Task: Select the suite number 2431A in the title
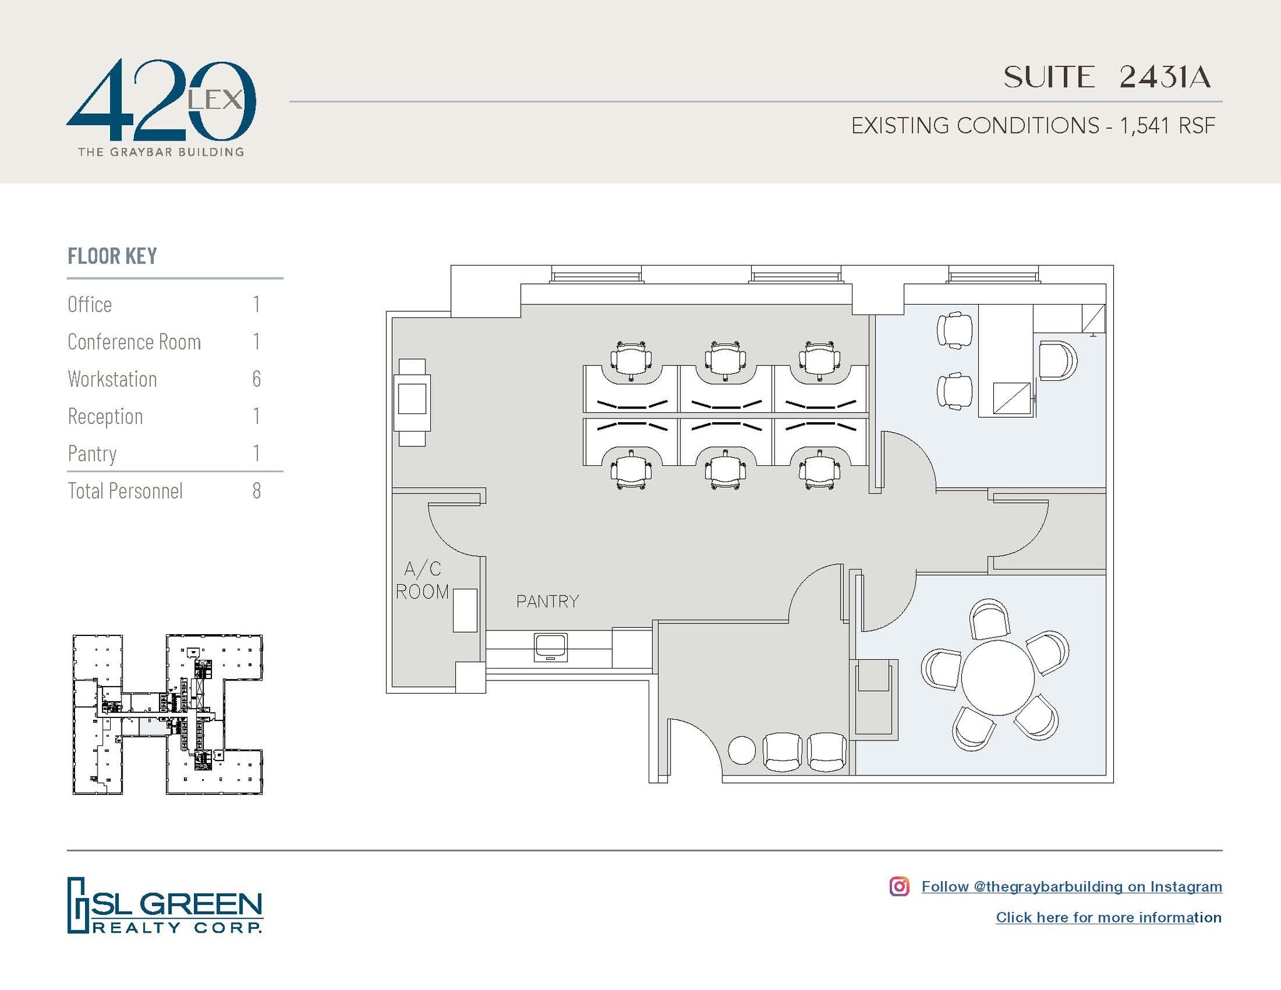click(x=1164, y=78)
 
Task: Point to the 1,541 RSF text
click(x=1167, y=126)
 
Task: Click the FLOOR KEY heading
click(x=112, y=256)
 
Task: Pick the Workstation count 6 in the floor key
click(x=256, y=379)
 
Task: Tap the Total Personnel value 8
click(x=256, y=491)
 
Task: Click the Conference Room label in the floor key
click(x=134, y=342)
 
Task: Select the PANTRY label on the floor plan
click(x=547, y=602)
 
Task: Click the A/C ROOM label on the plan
click(x=422, y=580)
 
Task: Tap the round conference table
click(x=998, y=677)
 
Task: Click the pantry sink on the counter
click(x=550, y=647)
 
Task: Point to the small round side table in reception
click(x=742, y=750)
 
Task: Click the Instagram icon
click(x=899, y=886)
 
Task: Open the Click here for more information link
click(x=1108, y=917)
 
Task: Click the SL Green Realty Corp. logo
click(x=165, y=905)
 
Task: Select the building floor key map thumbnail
click(x=168, y=714)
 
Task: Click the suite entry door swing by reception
click(x=694, y=747)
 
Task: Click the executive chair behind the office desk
click(x=1057, y=361)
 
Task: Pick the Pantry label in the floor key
click(x=92, y=453)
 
